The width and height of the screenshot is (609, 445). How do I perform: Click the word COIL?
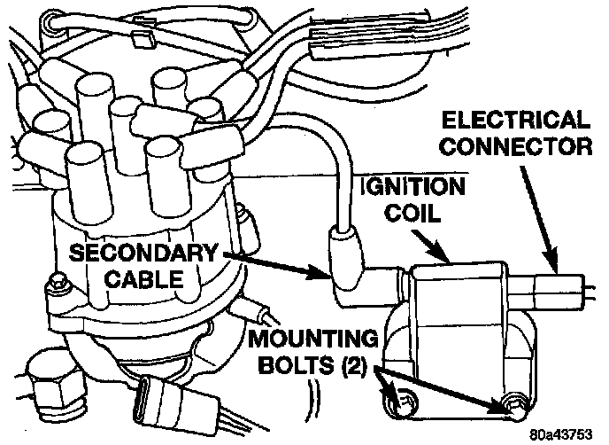coord(421,214)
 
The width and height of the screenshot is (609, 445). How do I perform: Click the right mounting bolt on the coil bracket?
coord(513,407)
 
